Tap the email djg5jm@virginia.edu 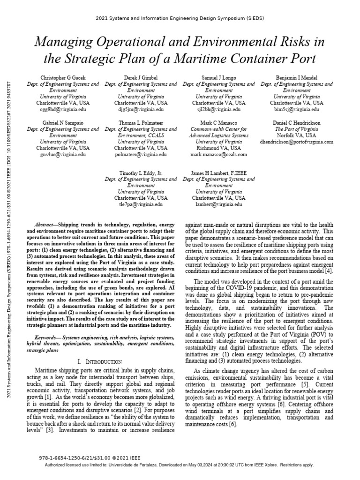click(141, 109)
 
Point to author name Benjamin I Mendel click(296, 78)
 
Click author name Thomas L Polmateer click(141, 123)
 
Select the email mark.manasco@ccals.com click(218, 154)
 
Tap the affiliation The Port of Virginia click(296, 129)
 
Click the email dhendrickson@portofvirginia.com click(296, 141)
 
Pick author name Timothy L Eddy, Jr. click(141, 173)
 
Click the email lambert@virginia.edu click(218, 204)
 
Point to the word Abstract click(48, 225)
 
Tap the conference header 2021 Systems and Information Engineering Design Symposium click(180, 17)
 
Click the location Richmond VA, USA click(218, 148)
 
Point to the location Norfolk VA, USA click(296, 135)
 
